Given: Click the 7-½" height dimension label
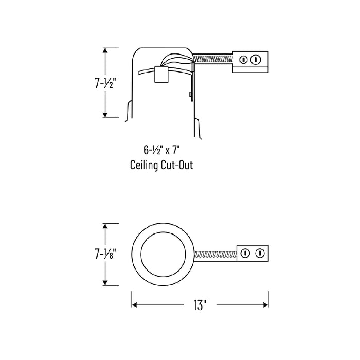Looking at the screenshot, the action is point(104,83).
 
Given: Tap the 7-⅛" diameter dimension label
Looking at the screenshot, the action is point(105,254).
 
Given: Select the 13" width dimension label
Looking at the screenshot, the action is point(200,305).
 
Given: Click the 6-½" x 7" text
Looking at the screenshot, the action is point(161,150).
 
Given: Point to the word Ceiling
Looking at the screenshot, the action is point(144,165).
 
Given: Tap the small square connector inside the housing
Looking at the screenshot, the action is point(161,75).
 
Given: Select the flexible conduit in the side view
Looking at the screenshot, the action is point(213,60).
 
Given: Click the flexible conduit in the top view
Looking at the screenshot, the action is point(215,254).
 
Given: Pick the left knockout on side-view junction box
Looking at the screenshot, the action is point(243,60).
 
